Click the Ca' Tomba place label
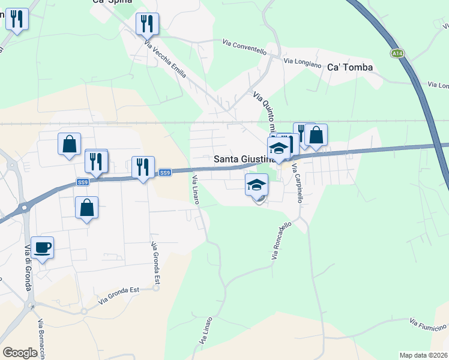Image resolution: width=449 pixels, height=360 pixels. click(350, 67)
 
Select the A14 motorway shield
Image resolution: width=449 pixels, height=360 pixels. click(397, 53)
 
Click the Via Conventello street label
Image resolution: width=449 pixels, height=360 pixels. click(244, 47)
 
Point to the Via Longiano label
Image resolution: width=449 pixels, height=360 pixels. click(298, 61)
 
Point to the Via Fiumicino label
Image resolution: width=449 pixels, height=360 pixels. click(428, 324)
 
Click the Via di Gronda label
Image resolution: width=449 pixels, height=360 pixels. click(28, 271)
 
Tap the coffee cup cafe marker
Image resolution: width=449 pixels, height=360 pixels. click(43, 247)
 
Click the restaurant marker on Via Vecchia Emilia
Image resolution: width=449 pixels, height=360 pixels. click(147, 25)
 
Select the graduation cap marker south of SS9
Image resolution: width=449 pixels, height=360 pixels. click(256, 185)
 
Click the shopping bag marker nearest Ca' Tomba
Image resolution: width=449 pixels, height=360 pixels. click(316, 136)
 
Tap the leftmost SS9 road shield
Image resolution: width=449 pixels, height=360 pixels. click(83, 181)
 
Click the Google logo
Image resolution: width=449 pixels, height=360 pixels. click(20, 352)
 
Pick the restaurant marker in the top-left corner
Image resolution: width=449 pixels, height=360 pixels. click(17, 20)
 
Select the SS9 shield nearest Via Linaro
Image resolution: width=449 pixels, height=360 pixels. click(165, 173)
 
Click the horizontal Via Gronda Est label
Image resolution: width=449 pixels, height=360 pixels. click(119, 293)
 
